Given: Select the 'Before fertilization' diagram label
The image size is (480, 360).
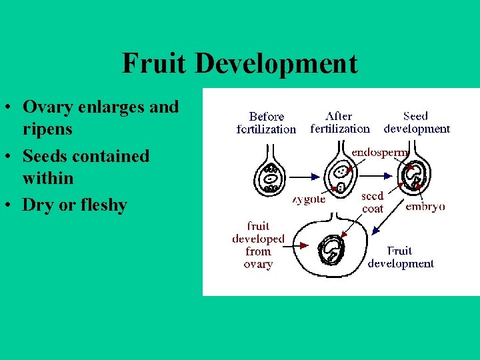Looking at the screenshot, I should (x=267, y=123).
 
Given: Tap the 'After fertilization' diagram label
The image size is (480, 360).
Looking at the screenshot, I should (x=339, y=122).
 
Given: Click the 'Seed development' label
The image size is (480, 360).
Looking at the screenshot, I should (x=417, y=122).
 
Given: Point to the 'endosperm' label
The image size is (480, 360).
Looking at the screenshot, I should (x=379, y=152).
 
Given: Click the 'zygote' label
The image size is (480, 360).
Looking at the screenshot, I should (x=309, y=199).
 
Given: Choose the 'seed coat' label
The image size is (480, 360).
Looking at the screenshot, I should (x=372, y=202).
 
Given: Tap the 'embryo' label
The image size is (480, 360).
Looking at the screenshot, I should (x=425, y=206).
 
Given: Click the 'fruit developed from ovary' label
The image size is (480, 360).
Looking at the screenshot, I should (x=258, y=245).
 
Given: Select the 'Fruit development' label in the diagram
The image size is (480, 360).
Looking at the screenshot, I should (x=401, y=257).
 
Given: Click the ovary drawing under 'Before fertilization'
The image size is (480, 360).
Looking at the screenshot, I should (x=271, y=176).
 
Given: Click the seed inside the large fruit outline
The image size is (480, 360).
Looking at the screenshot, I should (x=331, y=250).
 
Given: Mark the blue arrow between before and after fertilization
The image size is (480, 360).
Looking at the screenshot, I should (x=305, y=177).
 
